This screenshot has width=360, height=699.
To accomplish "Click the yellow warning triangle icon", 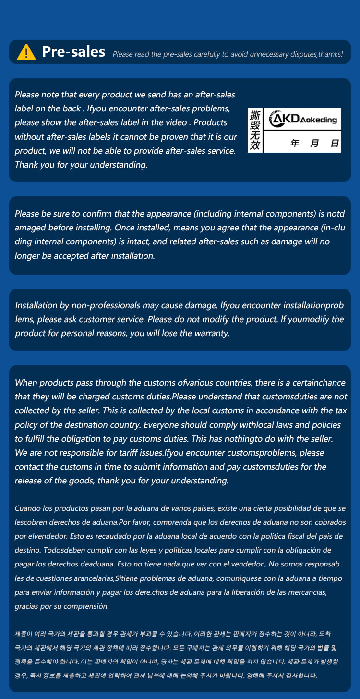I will pyautogui.click(x=26, y=52).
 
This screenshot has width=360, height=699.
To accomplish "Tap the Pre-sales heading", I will pyautogui.click(x=73, y=52).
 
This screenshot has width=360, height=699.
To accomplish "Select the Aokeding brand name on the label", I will pyautogui.click(x=318, y=120).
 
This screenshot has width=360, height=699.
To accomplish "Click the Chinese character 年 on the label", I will pyautogui.click(x=295, y=143).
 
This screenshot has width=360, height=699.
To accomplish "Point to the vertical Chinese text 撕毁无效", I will pyautogui.click(x=255, y=130).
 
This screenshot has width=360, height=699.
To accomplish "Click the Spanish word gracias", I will pyautogui.click(x=28, y=606).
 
